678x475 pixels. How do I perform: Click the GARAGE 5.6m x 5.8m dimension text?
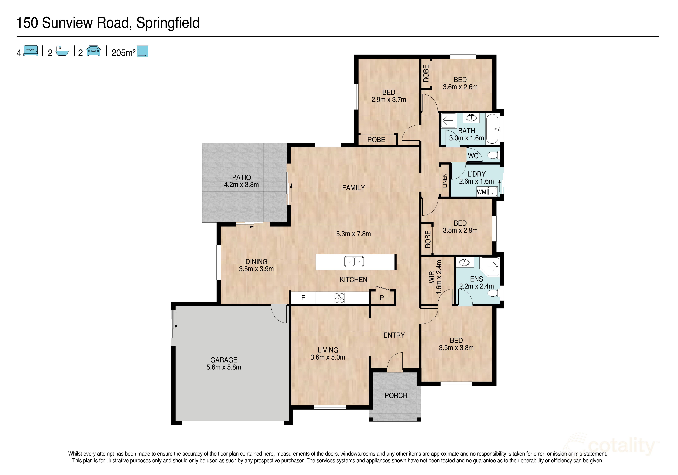(224, 367)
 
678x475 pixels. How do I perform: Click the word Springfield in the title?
(168, 23)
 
